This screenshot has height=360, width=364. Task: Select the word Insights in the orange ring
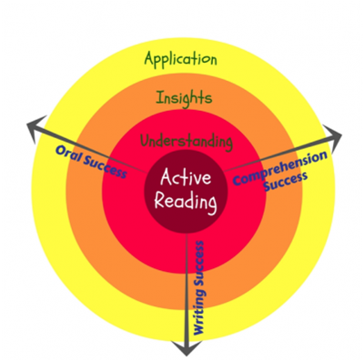coord(185,96)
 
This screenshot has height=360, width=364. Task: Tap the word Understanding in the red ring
coord(186,142)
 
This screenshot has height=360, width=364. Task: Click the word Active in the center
coord(187,178)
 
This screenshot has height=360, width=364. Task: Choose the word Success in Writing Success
coord(197,263)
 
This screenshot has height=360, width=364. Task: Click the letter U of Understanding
coord(145,142)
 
